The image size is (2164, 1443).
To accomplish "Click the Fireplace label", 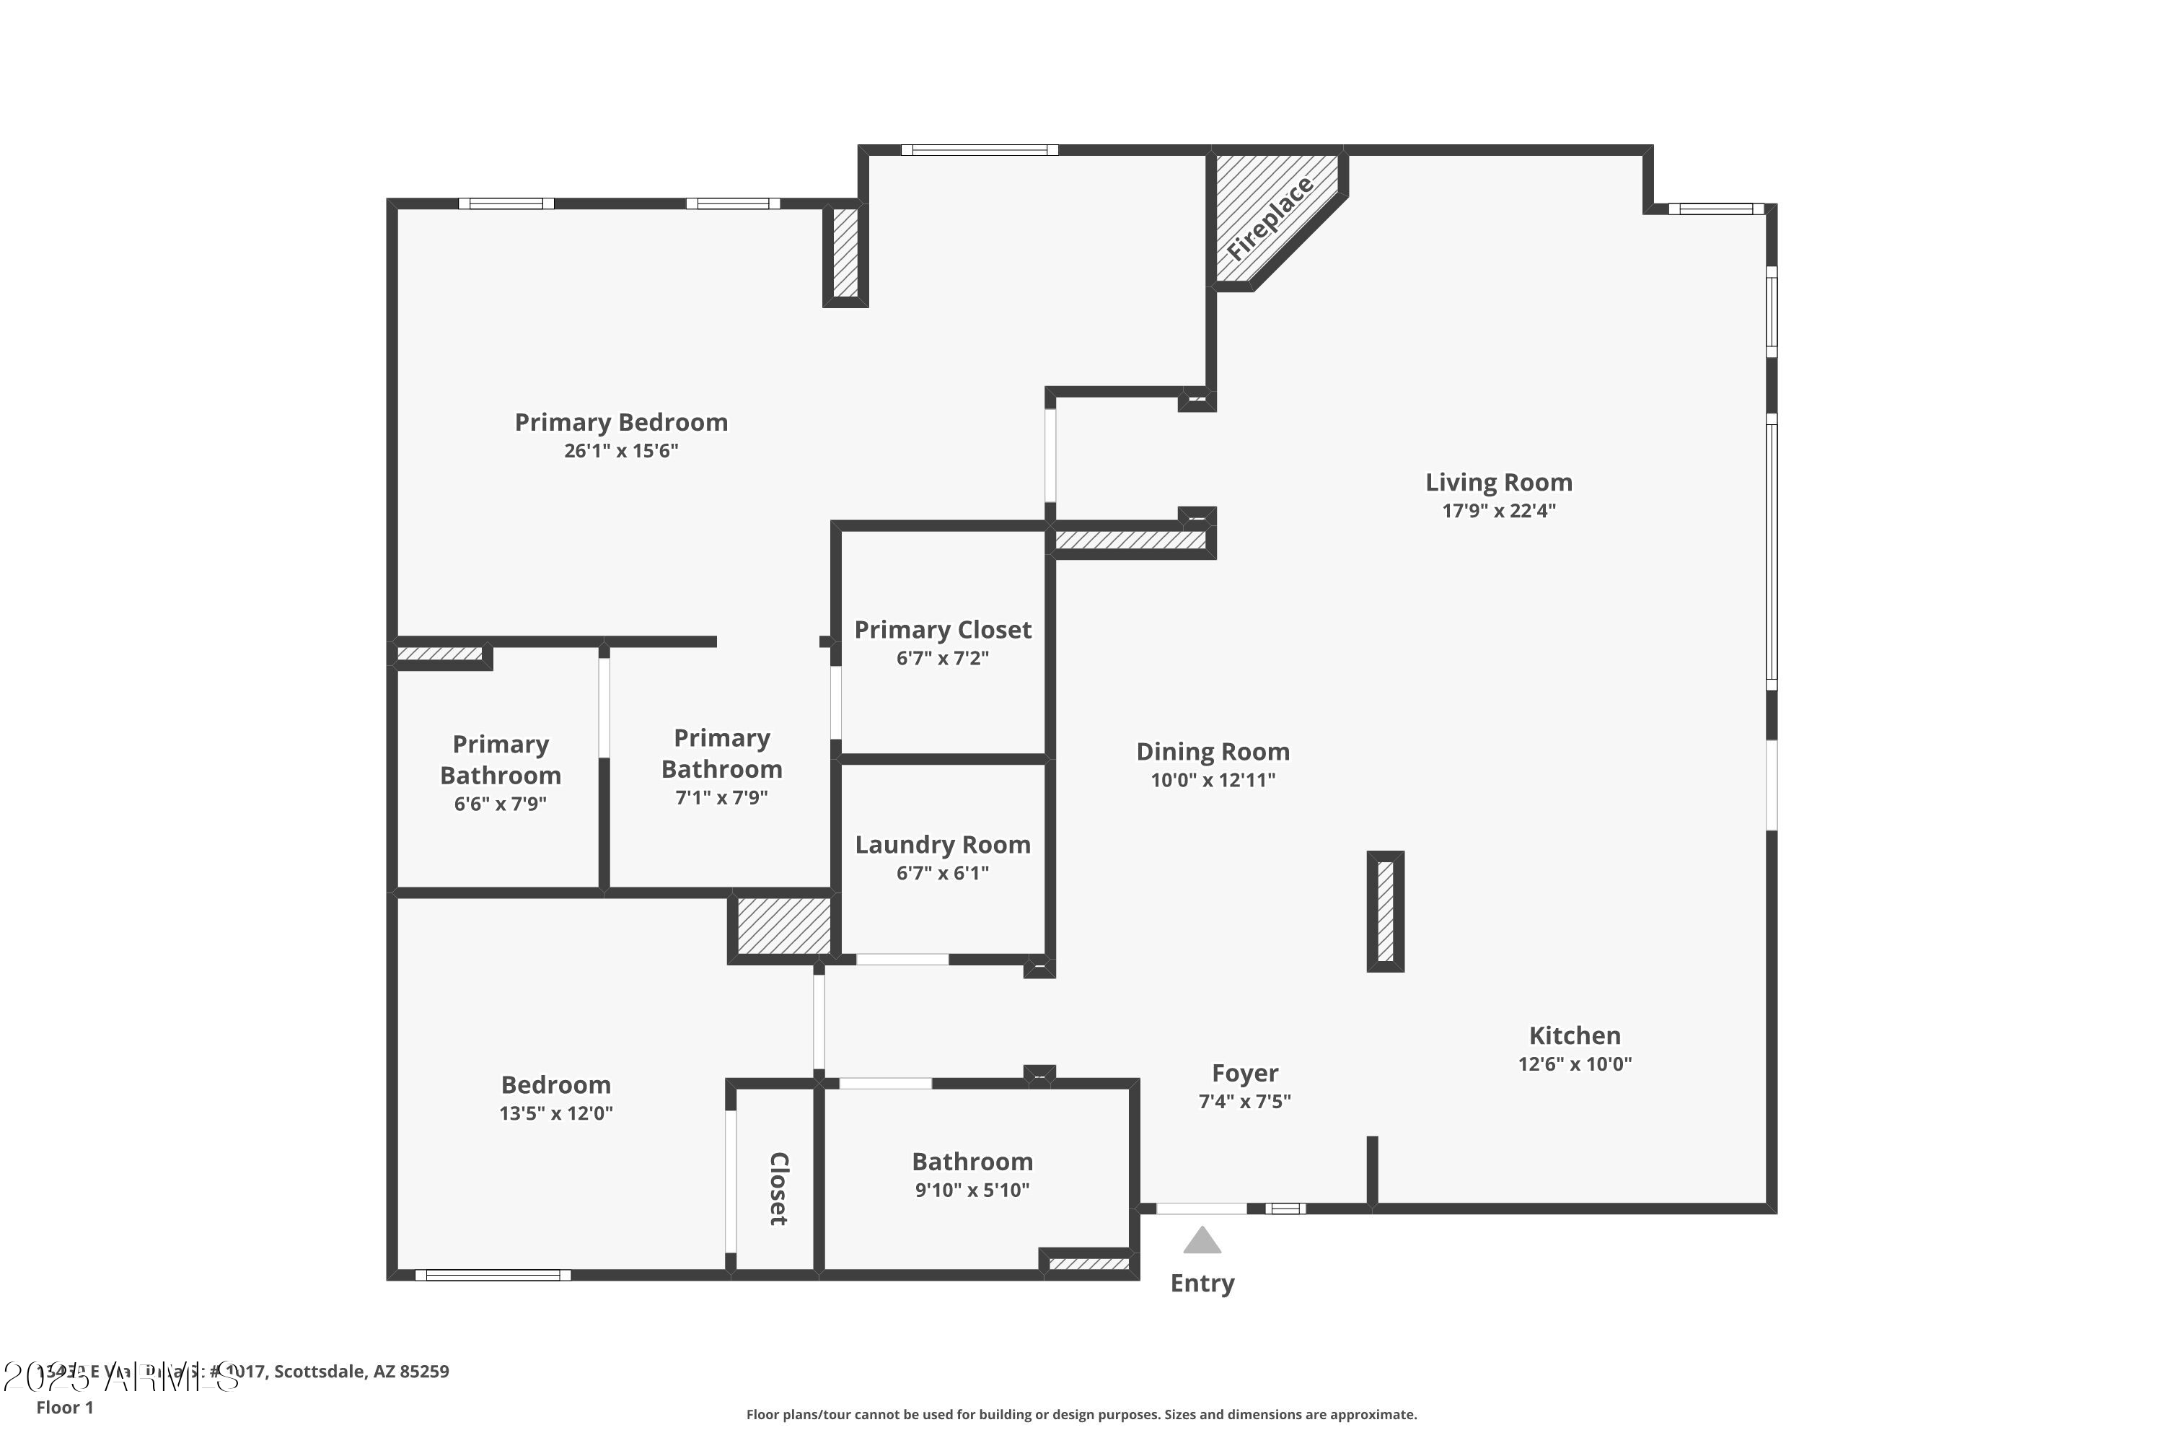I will pyautogui.click(x=1270, y=218).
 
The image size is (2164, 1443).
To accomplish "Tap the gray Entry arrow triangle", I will pyautogui.click(x=1202, y=1242).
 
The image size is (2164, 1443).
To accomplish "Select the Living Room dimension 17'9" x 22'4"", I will pyautogui.click(x=1498, y=511).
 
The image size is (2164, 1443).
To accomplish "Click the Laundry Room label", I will pyautogui.click(x=942, y=845).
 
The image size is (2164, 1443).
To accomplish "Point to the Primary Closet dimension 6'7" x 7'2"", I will pyautogui.click(x=942, y=658).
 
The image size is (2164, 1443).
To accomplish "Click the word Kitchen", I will pyautogui.click(x=1574, y=1035).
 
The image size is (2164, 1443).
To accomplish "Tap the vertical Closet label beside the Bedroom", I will pyautogui.click(x=778, y=1188).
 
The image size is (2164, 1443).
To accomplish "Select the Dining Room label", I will pyautogui.click(x=1213, y=752).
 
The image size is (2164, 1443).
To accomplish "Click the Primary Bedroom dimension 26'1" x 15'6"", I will pyautogui.click(x=621, y=451).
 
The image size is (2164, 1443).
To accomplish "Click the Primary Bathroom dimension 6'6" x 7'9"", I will pyautogui.click(x=500, y=804).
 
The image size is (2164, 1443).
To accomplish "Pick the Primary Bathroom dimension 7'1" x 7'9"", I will pyautogui.click(x=721, y=798).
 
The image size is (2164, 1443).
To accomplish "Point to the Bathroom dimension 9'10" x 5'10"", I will pyautogui.click(x=972, y=1190).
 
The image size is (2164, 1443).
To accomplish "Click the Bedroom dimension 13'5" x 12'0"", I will pyautogui.click(x=555, y=1113).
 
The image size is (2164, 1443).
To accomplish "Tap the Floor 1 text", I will pyautogui.click(x=64, y=1407).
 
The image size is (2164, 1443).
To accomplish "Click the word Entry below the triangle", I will pyautogui.click(x=1202, y=1283).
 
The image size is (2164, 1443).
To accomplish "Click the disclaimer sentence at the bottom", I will pyautogui.click(x=1081, y=1414).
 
